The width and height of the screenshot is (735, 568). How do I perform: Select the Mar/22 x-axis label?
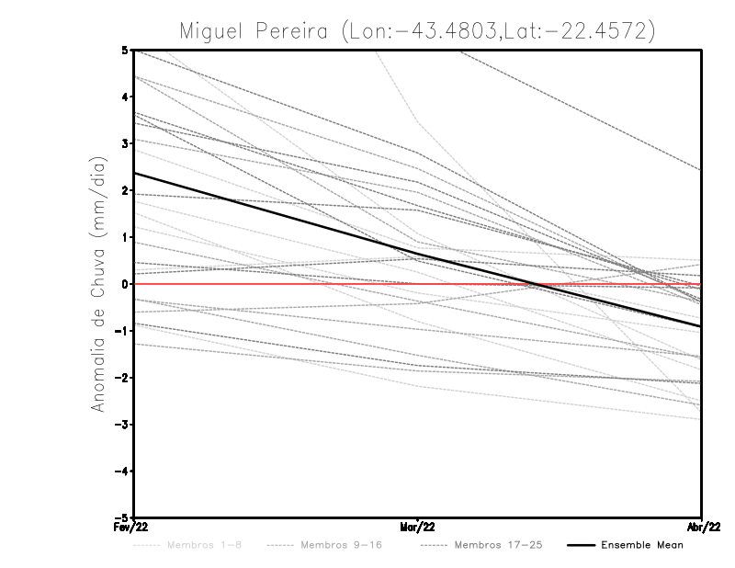pos(418,527)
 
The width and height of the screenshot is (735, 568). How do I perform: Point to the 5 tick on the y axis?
pos(125,51)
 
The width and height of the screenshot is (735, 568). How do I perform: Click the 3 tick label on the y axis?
pos(125,144)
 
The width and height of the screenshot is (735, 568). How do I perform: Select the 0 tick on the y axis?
pos(125,284)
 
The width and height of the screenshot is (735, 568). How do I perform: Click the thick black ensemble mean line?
pos(276,213)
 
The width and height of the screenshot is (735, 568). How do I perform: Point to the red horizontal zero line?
pos(230,284)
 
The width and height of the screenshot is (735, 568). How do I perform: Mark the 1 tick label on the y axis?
pos(125,237)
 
